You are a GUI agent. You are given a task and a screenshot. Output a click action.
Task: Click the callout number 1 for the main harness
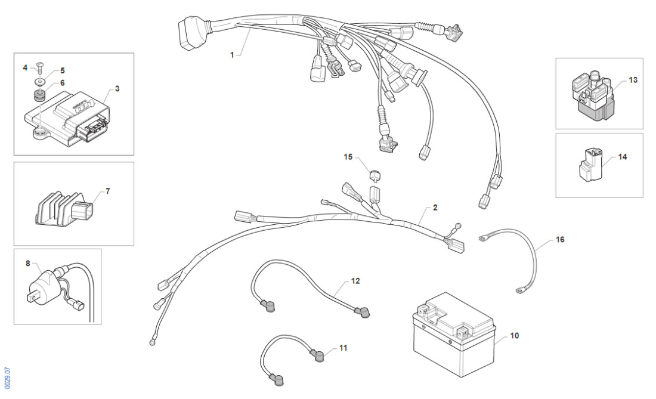(232, 54)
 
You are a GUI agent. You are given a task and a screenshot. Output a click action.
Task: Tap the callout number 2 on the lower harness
(435, 208)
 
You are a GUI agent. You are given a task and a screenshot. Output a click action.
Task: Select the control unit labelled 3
(66, 115)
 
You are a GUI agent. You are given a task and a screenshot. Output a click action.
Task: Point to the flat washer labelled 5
(39, 81)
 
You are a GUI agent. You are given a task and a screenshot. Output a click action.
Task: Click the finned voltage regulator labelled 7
(60, 210)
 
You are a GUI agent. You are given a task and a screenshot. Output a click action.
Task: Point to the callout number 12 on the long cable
(355, 280)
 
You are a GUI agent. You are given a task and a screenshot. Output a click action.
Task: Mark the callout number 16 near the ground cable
(559, 239)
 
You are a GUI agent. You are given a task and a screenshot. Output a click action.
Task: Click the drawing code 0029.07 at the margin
(7, 376)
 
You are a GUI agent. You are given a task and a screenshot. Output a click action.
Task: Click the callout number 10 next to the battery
(514, 336)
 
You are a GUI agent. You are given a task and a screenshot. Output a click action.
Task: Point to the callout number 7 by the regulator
(107, 191)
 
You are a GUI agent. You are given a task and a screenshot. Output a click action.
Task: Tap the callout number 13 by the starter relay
(632, 79)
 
